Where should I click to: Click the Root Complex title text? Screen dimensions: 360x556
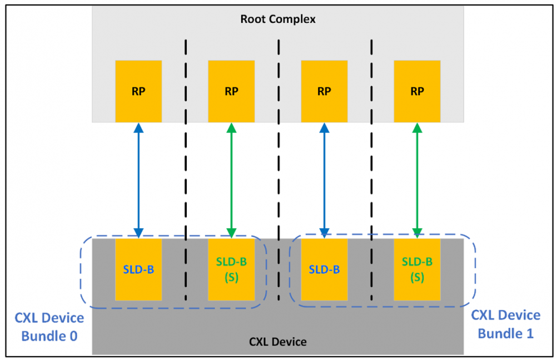coord(277,19)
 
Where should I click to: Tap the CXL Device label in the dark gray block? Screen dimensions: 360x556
coord(277,341)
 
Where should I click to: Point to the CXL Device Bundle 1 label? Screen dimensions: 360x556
coord(505,324)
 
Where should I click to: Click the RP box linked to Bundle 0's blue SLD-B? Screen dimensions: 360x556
coord(138,91)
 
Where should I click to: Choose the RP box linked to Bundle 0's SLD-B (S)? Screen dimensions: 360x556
coord(231,91)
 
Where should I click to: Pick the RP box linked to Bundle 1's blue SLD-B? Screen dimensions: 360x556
coord(324,91)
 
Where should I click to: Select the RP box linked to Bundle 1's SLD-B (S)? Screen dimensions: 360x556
coord(417,91)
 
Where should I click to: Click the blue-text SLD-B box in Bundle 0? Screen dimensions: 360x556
coord(138,269)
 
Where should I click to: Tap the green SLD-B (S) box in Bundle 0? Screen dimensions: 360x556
coord(231,269)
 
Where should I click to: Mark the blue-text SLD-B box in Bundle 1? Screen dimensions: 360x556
coord(324,269)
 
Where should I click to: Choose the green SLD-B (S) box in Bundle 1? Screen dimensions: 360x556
coord(417,269)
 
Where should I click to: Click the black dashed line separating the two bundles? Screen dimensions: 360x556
coord(278,167)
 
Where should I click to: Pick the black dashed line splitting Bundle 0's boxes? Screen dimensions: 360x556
coord(185,167)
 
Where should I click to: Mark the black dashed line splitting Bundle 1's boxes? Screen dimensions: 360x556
coord(371,167)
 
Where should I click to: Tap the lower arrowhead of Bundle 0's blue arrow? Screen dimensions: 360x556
coord(138,233)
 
